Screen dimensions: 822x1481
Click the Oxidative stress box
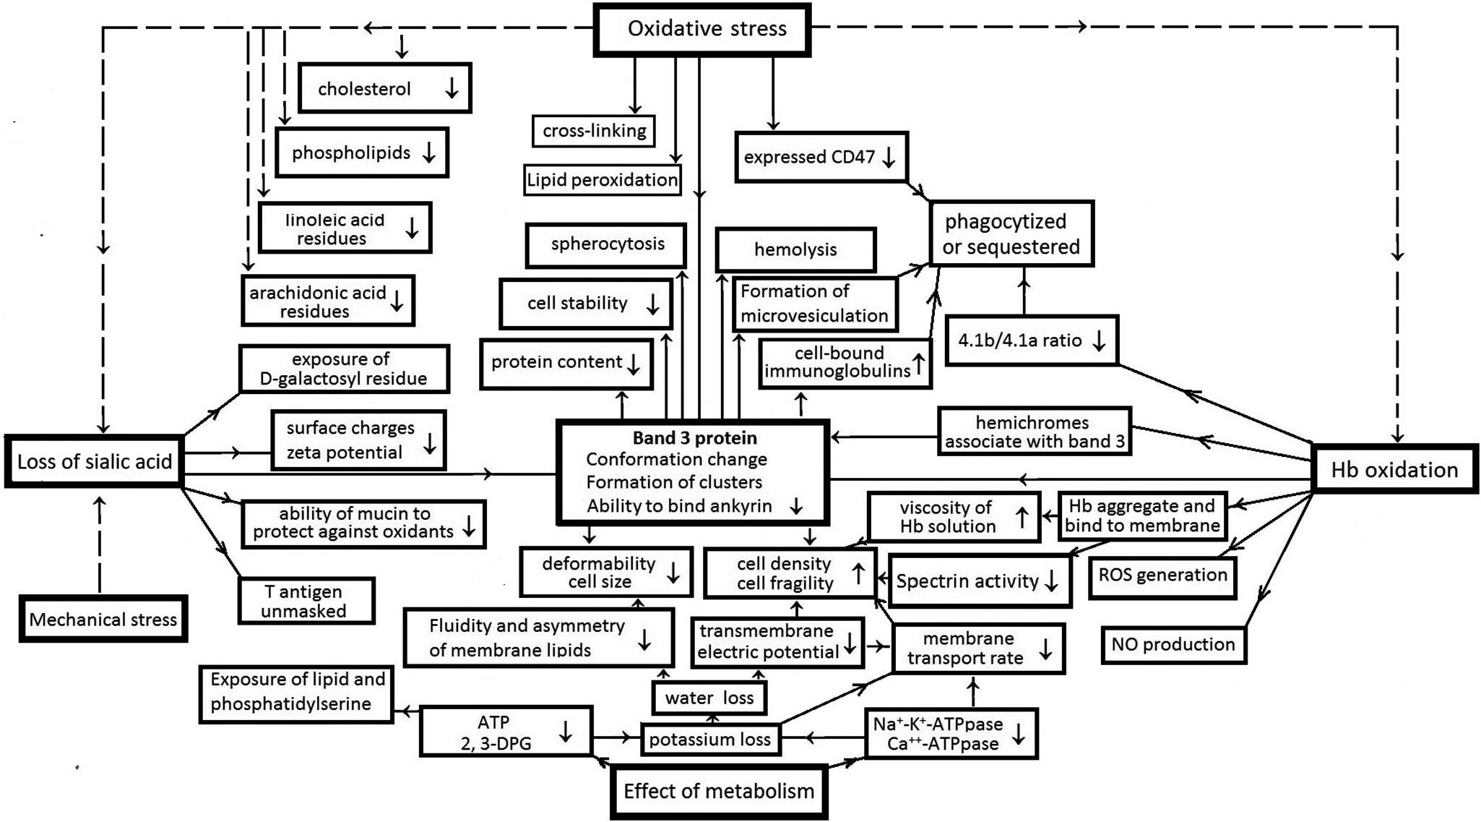click(702, 30)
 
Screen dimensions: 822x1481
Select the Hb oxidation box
click(1394, 470)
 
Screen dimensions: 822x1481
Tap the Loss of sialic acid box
click(94, 462)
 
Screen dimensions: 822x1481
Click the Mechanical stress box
click(103, 619)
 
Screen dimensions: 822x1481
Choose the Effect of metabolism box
click(719, 791)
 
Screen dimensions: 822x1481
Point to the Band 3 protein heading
click(695, 438)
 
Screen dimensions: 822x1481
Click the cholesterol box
click(385, 88)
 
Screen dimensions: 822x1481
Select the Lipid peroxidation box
click(602, 180)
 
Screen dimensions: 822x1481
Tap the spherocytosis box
click(607, 244)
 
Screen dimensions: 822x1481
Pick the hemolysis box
click(795, 250)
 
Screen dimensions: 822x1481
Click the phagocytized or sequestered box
click(1011, 234)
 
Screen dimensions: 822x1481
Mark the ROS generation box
click(1162, 575)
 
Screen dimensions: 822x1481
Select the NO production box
click(1173, 644)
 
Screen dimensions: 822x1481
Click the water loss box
click(709, 698)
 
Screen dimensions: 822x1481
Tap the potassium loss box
click(710, 740)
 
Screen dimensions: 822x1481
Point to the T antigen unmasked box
click(306, 601)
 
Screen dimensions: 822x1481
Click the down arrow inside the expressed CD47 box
click(889, 157)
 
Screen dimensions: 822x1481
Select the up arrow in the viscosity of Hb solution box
click(1022, 517)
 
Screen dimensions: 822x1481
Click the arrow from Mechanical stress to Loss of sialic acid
click(100, 542)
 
